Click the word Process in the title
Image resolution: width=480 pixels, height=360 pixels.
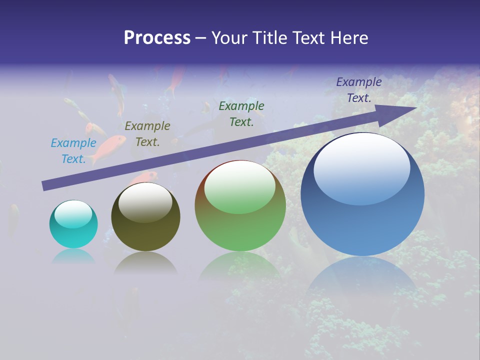[x=157, y=38]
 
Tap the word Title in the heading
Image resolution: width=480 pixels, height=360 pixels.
[x=268, y=38]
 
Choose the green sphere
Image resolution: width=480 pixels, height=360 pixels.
[x=240, y=206]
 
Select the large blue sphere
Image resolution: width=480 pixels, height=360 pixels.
[x=362, y=194]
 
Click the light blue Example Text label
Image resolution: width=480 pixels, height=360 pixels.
[x=73, y=151]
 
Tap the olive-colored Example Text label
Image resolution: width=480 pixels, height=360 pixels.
[x=147, y=134]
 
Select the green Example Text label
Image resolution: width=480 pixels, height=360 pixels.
[x=241, y=114]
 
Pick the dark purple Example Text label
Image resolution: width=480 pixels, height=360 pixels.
[x=359, y=90]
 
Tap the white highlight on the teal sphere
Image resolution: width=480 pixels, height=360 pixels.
[x=73, y=214]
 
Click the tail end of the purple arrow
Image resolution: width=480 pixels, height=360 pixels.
[x=44, y=186]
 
